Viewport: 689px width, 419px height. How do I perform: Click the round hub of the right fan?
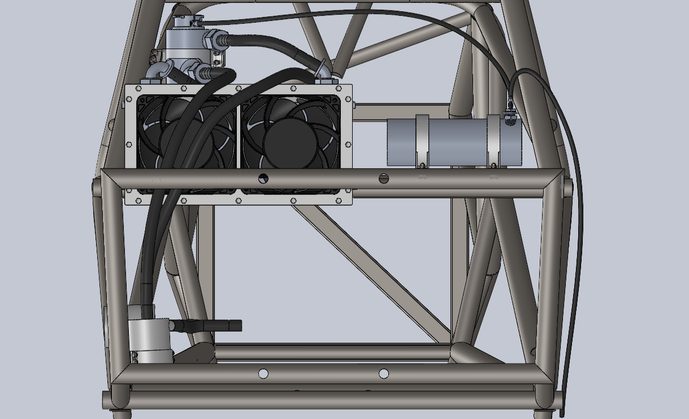coord(290,142)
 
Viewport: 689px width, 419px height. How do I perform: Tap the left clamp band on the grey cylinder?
coord(423,141)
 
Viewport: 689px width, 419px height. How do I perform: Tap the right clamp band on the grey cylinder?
coord(494,141)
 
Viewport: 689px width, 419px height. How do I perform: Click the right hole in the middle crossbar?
coord(384,179)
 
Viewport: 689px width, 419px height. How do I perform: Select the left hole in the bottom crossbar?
coord(263,373)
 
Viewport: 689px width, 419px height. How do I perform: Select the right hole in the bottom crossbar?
coord(383,373)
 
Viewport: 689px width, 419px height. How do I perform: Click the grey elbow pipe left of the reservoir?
coord(158,71)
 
